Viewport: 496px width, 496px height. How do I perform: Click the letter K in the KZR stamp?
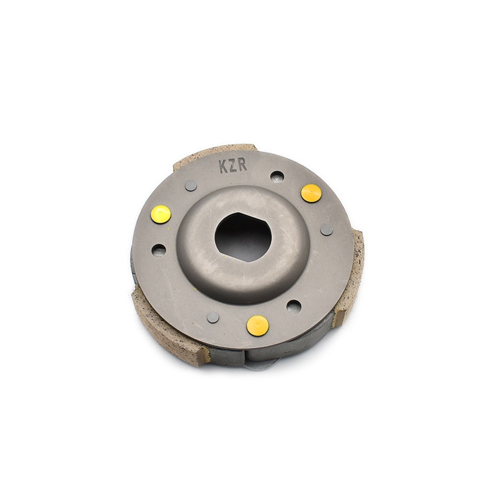click(x=223, y=167)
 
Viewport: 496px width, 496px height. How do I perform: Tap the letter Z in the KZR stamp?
click(x=233, y=166)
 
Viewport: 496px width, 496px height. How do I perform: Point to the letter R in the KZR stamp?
click(x=243, y=165)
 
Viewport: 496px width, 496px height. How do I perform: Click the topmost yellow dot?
click(x=311, y=193)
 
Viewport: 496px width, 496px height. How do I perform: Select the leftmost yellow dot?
click(x=161, y=214)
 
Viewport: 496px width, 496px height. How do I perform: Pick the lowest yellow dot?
click(x=258, y=325)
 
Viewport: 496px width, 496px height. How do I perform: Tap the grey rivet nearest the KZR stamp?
click(x=191, y=185)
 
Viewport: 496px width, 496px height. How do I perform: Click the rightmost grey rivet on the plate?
click(x=327, y=229)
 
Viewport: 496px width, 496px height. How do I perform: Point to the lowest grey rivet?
click(x=213, y=317)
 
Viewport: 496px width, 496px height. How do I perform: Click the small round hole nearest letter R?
click(x=277, y=177)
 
